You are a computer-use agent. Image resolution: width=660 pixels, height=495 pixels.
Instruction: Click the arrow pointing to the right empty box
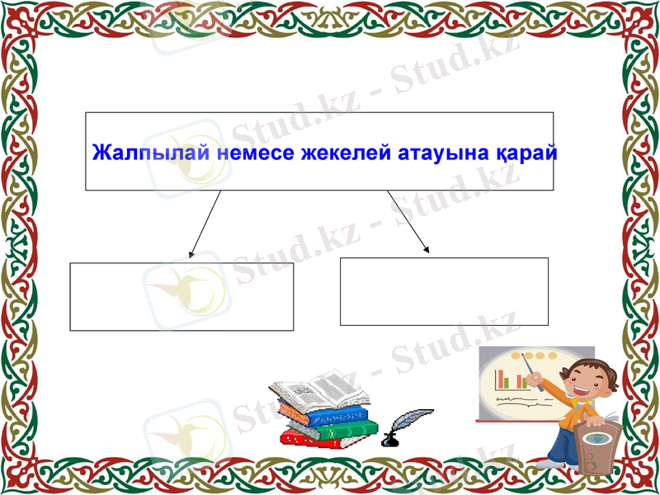(408, 221)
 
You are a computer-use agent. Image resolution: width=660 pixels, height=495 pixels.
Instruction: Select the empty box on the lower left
(181, 296)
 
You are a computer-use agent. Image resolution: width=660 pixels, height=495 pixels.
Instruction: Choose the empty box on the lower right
(444, 291)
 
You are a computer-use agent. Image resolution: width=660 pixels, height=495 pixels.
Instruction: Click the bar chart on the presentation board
(511, 379)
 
